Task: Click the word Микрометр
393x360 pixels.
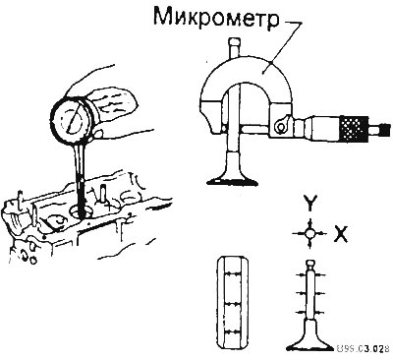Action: (x=216, y=18)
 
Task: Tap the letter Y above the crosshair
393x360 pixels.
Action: (x=309, y=204)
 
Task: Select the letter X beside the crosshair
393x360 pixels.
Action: (x=340, y=234)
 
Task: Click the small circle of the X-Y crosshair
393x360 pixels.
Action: (x=309, y=233)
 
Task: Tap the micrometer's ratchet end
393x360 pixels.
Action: (x=383, y=129)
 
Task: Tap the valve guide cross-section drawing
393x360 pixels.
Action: (x=233, y=303)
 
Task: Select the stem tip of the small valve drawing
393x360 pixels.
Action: (x=309, y=264)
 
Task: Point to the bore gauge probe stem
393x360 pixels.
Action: (x=81, y=177)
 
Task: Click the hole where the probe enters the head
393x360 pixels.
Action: (x=81, y=212)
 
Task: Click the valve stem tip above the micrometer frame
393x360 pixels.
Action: (x=235, y=47)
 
